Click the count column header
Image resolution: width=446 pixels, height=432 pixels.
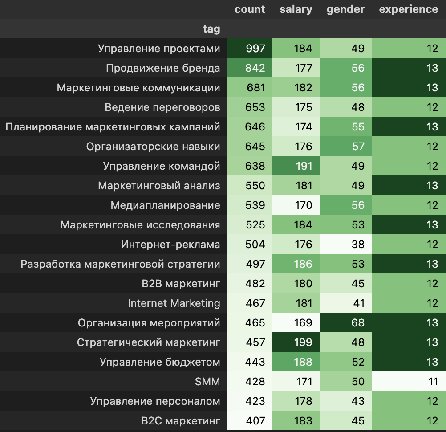250,9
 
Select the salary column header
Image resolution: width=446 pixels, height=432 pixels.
296,9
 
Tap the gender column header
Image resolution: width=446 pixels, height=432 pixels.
345,9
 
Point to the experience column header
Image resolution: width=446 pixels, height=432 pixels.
408,9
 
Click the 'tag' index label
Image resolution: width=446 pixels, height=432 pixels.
211,29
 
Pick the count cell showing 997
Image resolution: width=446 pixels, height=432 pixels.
255,49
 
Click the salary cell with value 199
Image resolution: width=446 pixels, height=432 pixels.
303,342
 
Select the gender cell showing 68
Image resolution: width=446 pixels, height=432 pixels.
358,323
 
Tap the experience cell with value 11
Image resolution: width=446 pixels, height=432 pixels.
432,382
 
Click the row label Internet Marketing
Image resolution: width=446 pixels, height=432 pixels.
174,303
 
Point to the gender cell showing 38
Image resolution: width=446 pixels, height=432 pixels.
358,245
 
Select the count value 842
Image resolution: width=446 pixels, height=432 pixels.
255,68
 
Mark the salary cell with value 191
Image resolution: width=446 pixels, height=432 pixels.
303,166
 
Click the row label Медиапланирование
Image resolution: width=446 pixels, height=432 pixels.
165,205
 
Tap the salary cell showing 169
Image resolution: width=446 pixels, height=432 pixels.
303,323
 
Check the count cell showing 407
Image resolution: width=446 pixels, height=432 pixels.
255,421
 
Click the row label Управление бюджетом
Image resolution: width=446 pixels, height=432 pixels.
160,362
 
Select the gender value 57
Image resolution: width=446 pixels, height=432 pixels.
358,147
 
